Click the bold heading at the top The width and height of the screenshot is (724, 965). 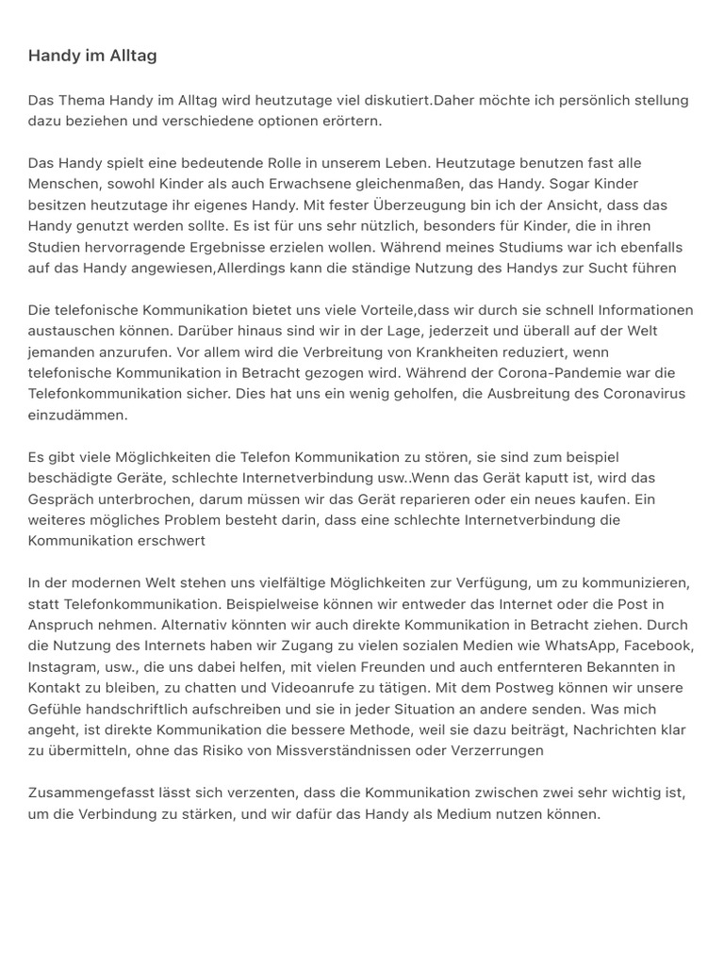click(x=92, y=56)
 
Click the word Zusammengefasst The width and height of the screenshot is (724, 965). click(x=90, y=793)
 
